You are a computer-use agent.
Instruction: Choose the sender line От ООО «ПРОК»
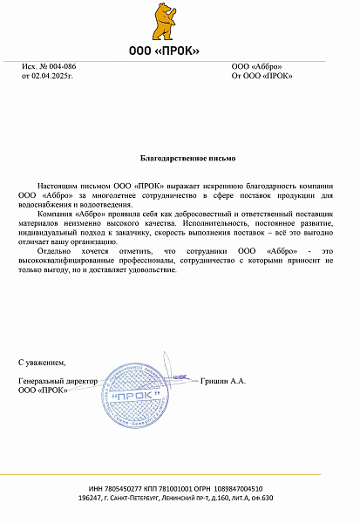pyautogui.click(x=262, y=76)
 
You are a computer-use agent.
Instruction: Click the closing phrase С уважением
pyautogui.click(x=42, y=361)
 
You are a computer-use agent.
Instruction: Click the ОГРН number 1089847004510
pyautogui.click(x=239, y=489)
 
